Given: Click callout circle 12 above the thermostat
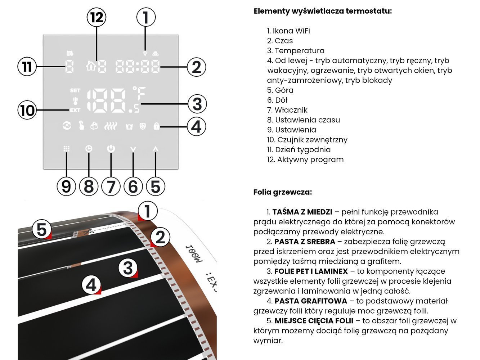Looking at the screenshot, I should pos(97,17).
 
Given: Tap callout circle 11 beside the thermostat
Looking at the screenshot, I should pos(27,67).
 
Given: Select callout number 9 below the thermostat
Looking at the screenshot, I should pos(66,186).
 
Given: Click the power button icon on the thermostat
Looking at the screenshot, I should pos(111,148).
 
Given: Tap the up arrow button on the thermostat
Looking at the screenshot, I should pos(155,148).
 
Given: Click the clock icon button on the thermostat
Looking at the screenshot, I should pos(89,148).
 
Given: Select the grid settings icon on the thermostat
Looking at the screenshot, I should pos(66,148).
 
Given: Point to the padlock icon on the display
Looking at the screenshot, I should pos(156,126).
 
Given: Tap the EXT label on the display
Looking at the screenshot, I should pos(75,110).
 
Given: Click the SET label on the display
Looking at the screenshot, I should pos(75,90).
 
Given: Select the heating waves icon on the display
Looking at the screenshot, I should pos(111,126).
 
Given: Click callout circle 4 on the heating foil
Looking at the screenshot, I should pos(91,285).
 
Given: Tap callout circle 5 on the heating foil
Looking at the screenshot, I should pos(41,229).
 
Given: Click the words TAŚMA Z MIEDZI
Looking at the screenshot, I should pos(302,212).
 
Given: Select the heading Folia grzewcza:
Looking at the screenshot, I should pos(283,192).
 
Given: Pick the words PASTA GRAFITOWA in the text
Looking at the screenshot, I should pos(311,301).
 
